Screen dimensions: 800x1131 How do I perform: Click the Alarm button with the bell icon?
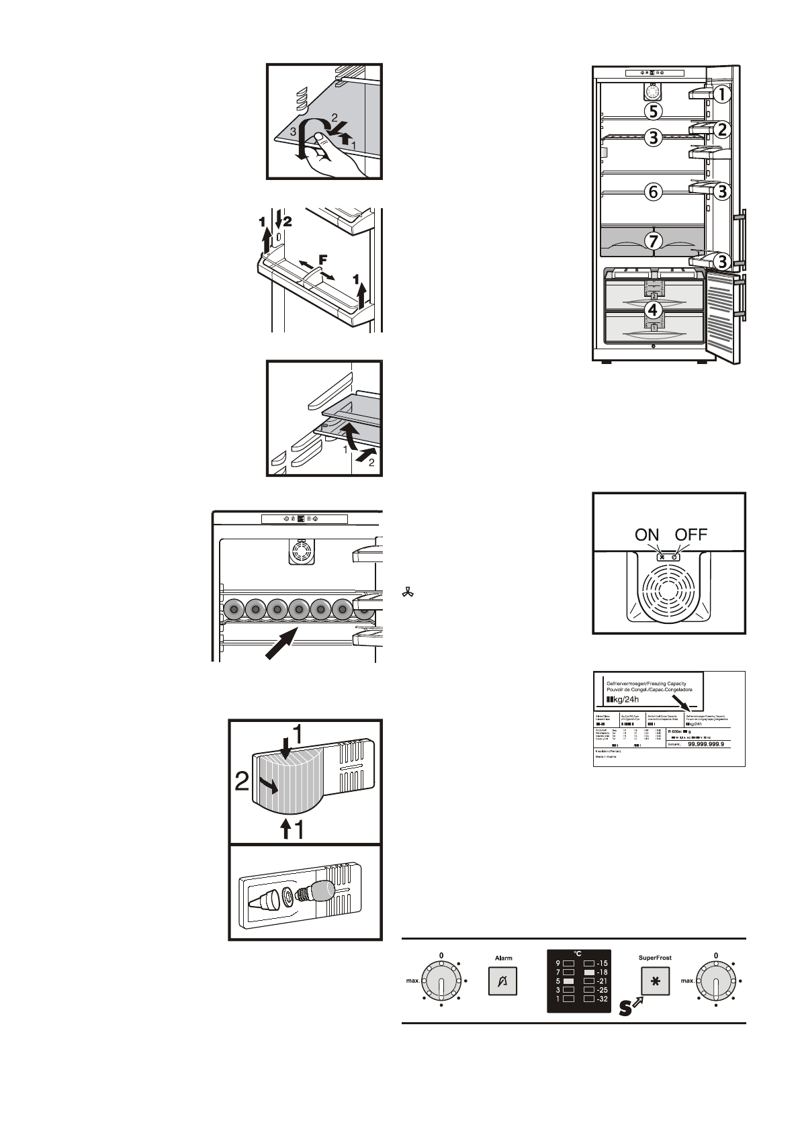pyautogui.click(x=502, y=981)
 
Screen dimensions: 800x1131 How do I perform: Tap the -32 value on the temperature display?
pyautogui.click(x=602, y=999)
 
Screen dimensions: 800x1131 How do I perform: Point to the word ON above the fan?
pyautogui.click(x=647, y=535)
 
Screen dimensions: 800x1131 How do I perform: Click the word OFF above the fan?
pyautogui.click(x=691, y=535)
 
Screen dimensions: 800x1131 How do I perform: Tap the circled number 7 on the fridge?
pyautogui.click(x=653, y=240)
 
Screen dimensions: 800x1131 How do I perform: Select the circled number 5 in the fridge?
pyautogui.click(x=652, y=110)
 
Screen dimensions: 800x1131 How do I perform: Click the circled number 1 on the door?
pyautogui.click(x=721, y=95)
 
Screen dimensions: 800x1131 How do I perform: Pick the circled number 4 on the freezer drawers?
pyautogui.click(x=652, y=310)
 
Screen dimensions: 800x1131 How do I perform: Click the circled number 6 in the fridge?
pyautogui.click(x=652, y=191)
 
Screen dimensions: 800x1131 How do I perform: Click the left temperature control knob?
pyautogui.click(x=441, y=981)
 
